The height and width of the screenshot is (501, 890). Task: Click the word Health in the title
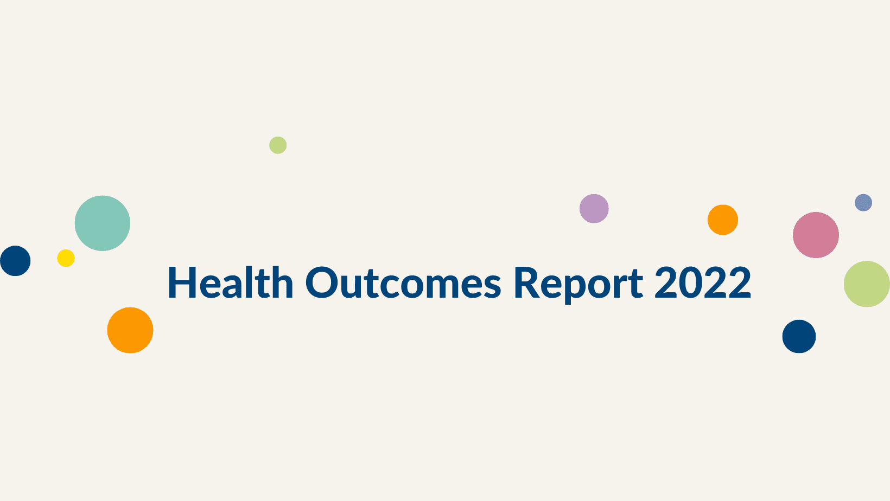pyautogui.click(x=231, y=282)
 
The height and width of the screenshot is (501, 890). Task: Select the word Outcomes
pyautogui.click(x=403, y=282)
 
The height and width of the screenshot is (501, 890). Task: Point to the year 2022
pyautogui.click(x=703, y=282)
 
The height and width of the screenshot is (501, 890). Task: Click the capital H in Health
pyautogui.click(x=181, y=282)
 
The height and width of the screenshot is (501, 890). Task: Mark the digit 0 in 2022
pyautogui.click(x=690, y=282)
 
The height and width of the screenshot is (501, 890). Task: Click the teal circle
pyautogui.click(x=103, y=223)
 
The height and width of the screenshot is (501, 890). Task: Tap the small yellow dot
pyautogui.click(x=66, y=258)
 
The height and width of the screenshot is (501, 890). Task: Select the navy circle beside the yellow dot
pyautogui.click(x=15, y=261)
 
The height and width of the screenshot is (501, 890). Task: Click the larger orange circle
pyautogui.click(x=130, y=330)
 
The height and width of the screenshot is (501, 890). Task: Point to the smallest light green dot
pyautogui.click(x=278, y=145)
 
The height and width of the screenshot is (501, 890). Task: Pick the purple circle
pyautogui.click(x=594, y=208)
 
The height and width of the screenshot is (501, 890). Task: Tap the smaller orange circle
pyautogui.click(x=723, y=220)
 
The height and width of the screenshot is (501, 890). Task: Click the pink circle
pyautogui.click(x=816, y=235)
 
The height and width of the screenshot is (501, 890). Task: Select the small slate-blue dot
pyautogui.click(x=863, y=202)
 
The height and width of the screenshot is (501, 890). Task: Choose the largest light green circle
pyautogui.click(x=867, y=284)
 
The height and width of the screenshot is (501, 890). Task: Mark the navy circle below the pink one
pyautogui.click(x=799, y=336)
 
